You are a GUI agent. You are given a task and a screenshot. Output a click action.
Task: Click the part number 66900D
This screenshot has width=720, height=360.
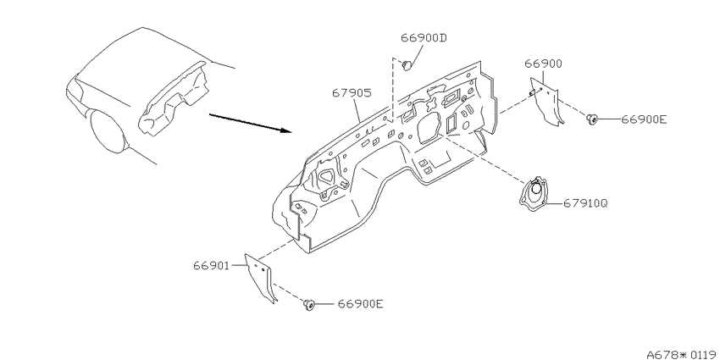[x=424, y=37]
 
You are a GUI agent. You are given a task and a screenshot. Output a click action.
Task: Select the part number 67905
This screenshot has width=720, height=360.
[x=352, y=93]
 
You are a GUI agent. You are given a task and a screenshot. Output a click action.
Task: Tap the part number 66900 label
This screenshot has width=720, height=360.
[x=543, y=64]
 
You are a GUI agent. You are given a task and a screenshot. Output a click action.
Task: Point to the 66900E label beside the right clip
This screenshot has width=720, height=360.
[x=644, y=119]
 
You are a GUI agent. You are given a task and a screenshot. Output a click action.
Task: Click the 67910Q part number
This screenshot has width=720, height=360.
[x=585, y=203]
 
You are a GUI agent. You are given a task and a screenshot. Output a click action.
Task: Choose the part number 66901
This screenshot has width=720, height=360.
[x=211, y=265]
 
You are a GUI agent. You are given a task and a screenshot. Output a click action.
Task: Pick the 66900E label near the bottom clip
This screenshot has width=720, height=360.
[x=361, y=304]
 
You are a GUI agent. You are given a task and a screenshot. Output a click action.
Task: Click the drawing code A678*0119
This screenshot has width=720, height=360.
[x=683, y=354]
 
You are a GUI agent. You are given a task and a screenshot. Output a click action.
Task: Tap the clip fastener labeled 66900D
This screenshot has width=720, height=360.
[x=407, y=66]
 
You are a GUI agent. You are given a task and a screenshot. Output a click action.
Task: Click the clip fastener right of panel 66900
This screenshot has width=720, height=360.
[x=591, y=119]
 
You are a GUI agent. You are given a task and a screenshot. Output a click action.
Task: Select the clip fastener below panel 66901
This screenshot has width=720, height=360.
[x=308, y=304]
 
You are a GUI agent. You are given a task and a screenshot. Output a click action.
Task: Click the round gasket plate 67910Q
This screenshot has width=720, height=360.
[x=534, y=194]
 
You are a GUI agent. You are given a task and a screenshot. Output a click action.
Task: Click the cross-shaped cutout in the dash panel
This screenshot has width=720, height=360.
[x=432, y=104]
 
